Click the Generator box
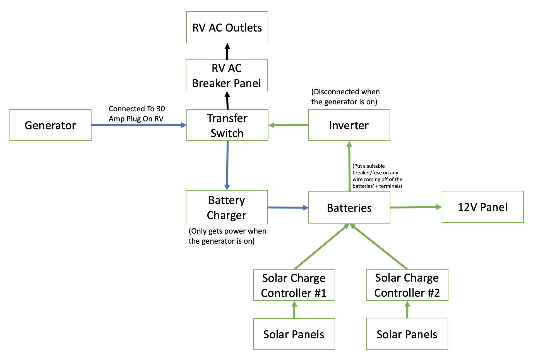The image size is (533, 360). click(50, 125)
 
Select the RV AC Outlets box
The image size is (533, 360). click(227, 27)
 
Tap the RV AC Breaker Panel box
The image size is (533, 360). click(227, 75)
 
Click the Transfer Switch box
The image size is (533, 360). click(227, 125)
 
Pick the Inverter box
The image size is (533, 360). click(349, 125)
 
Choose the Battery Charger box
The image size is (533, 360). click(227, 207)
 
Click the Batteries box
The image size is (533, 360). click(349, 208)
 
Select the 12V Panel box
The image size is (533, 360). click(482, 207)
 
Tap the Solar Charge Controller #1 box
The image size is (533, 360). click(294, 285)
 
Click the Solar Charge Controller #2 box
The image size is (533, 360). click(407, 285)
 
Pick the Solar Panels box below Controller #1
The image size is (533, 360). click(294, 334)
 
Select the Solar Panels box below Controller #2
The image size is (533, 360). click(407, 334)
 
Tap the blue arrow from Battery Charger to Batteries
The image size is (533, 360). click(288, 208)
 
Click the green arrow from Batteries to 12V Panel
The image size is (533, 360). click(416, 207)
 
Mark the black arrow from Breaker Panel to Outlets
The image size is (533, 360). click(227, 52)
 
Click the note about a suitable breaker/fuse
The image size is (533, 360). click(377, 176)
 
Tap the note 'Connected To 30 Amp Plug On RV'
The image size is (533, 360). click(136, 114)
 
